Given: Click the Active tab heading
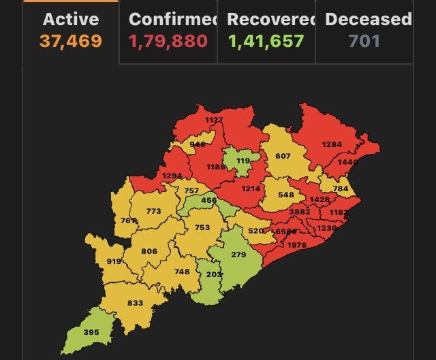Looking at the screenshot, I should point(71,19).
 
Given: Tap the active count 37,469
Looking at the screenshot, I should point(71,41).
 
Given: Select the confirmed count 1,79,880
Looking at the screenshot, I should point(168,41).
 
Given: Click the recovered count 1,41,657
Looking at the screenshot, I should point(266,41).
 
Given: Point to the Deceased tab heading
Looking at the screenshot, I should point(368,19).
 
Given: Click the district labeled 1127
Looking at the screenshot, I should point(214,120).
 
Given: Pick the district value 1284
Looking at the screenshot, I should point(332,144).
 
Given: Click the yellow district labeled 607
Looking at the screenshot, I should point(283,156).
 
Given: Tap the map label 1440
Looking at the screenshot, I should point(348,162).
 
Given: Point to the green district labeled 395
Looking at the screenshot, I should point(91,332).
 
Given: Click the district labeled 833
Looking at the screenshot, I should point(135,303).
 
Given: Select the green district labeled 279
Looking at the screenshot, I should point(238,255).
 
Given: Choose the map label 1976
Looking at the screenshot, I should point(297,245).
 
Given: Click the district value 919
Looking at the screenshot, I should point(114,261).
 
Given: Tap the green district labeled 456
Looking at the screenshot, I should point(208,200).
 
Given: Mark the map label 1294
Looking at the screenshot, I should point(172,176).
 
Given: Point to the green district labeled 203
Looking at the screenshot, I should point(214,274).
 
